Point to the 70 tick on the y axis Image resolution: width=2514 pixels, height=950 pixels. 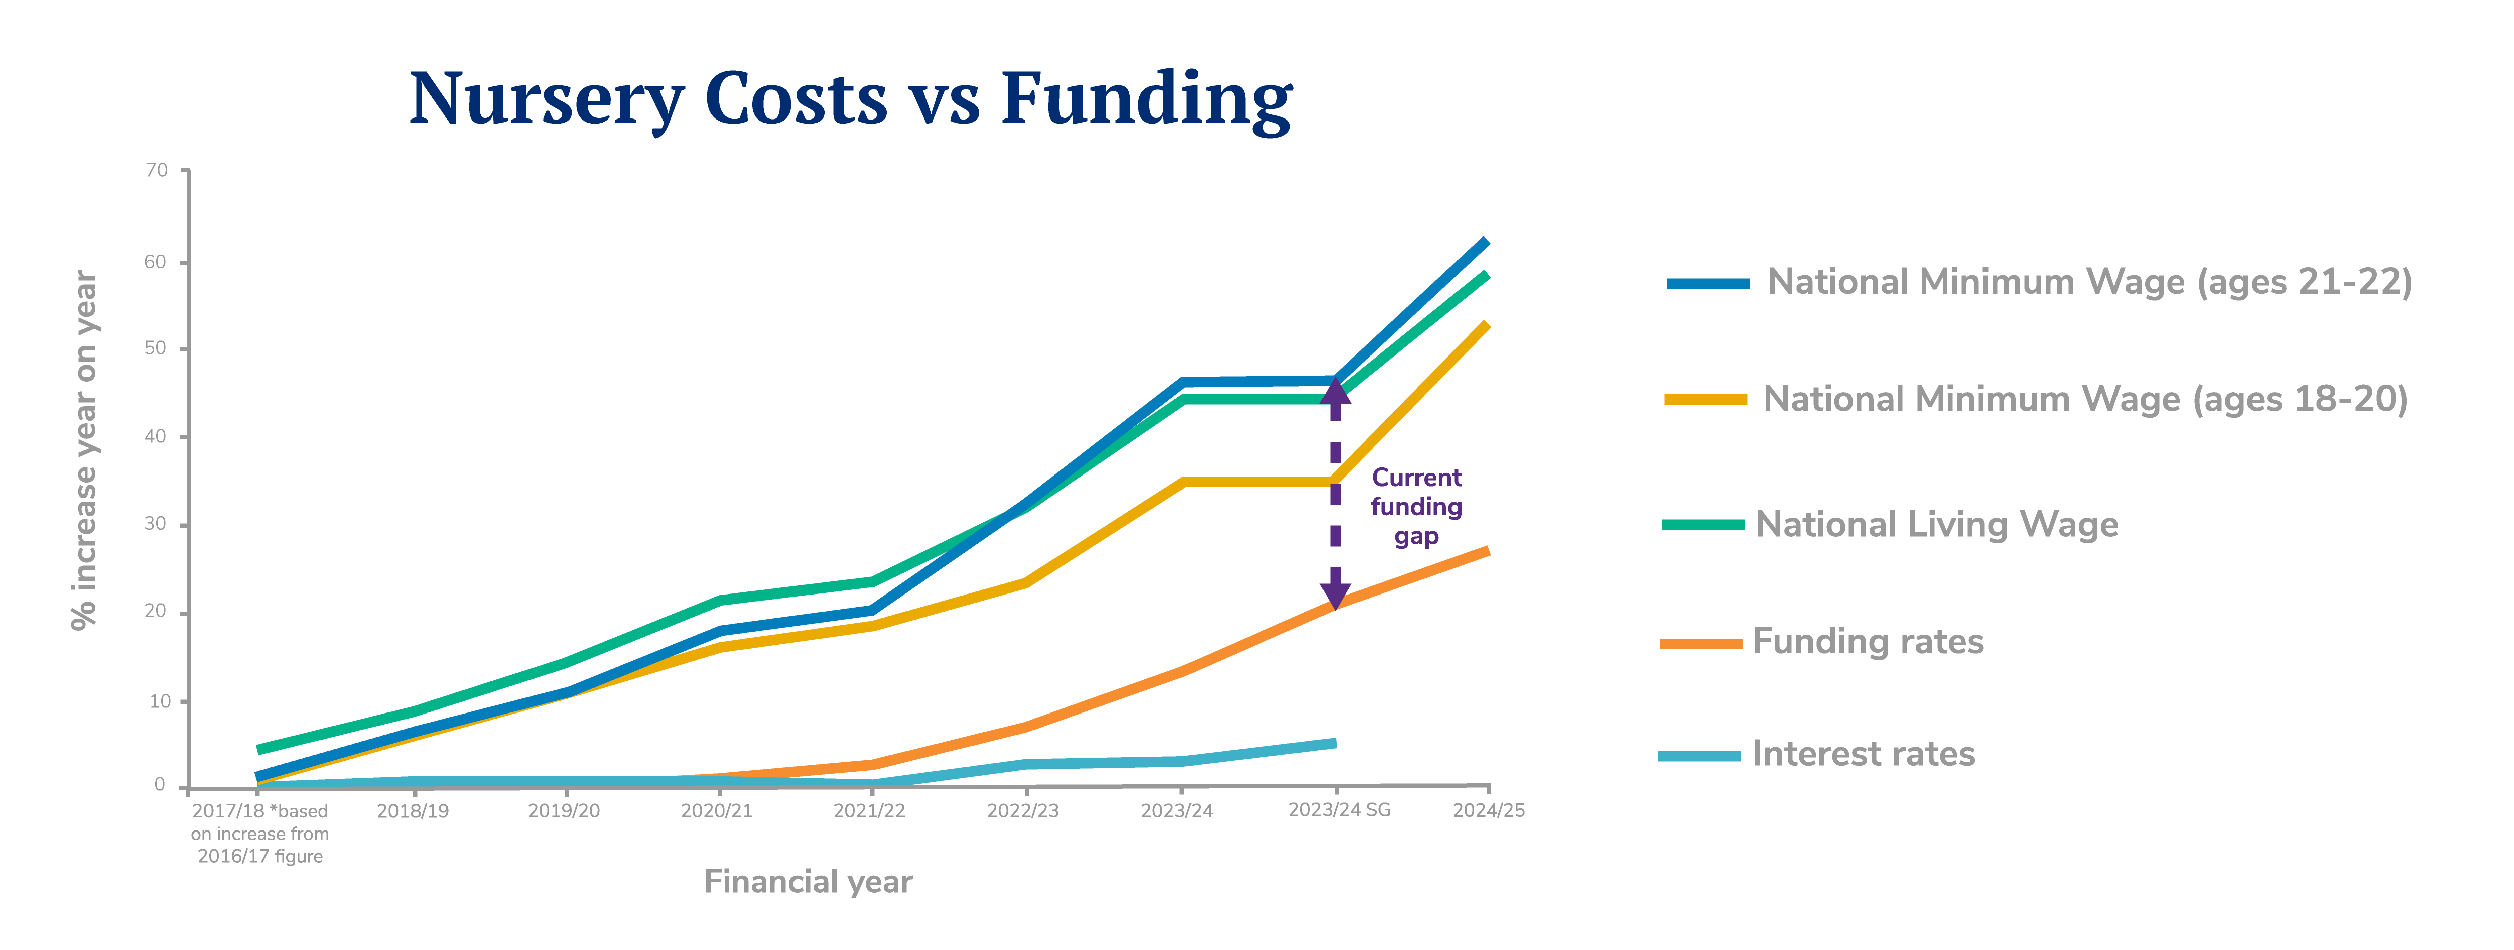point(156,171)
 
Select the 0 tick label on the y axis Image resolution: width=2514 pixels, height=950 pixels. point(159,785)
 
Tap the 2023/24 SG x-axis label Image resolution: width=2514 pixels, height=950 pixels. point(1339,810)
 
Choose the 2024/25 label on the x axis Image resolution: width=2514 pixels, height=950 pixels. point(1488,810)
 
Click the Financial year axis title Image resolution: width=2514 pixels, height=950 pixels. point(808,882)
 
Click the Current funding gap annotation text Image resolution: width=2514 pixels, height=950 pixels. point(1416,507)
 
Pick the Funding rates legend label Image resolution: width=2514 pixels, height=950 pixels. point(1868,642)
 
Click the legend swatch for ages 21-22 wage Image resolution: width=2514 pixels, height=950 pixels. point(1708,283)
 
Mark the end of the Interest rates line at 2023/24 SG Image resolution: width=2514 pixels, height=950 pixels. point(1333,744)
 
